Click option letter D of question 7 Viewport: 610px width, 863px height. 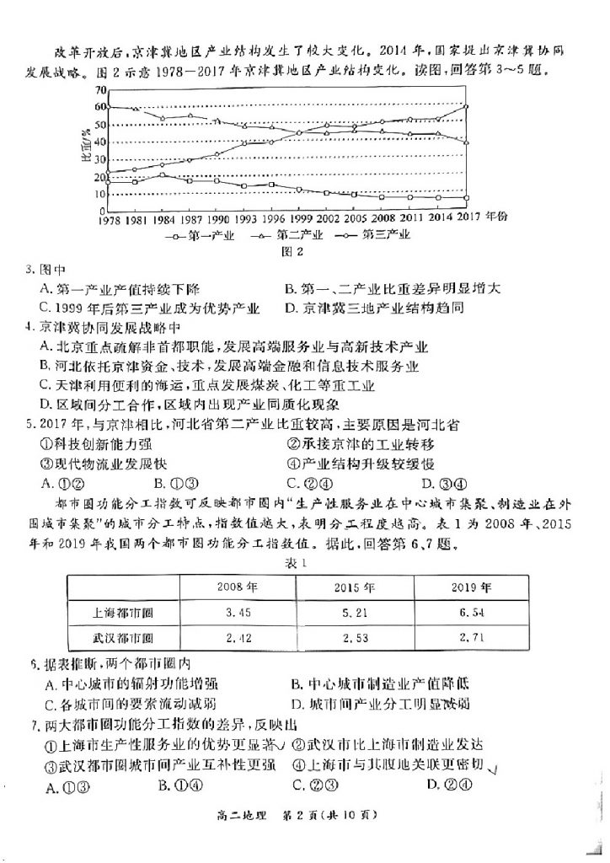tap(431, 785)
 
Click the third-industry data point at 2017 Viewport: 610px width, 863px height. tap(466, 107)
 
